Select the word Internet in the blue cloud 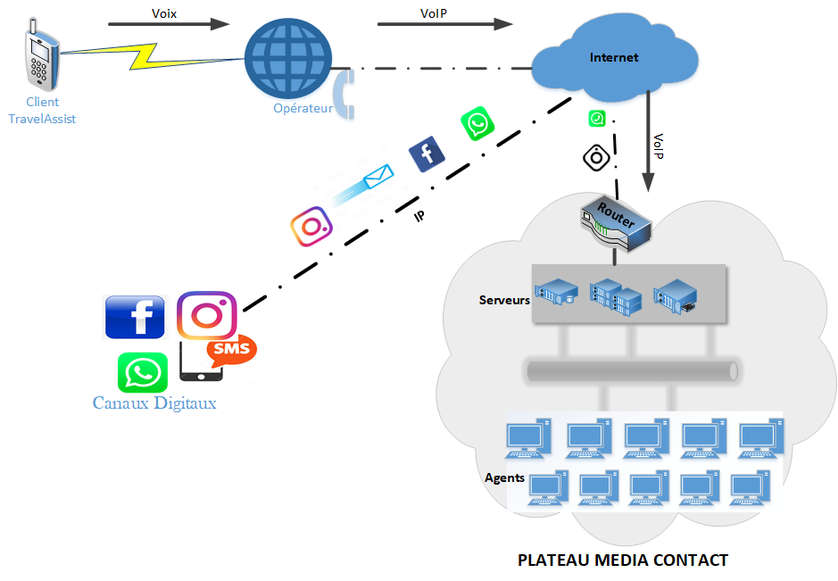point(614,57)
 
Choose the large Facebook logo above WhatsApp point(135,317)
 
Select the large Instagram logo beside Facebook point(206,315)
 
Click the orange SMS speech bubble point(231,350)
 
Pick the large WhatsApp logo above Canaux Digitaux point(143,372)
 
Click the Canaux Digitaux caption point(154,403)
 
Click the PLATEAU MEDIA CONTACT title point(623,560)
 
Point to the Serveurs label point(504,300)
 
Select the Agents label point(504,477)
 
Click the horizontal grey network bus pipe point(631,370)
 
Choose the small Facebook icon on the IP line point(427,154)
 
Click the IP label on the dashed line point(419,216)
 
